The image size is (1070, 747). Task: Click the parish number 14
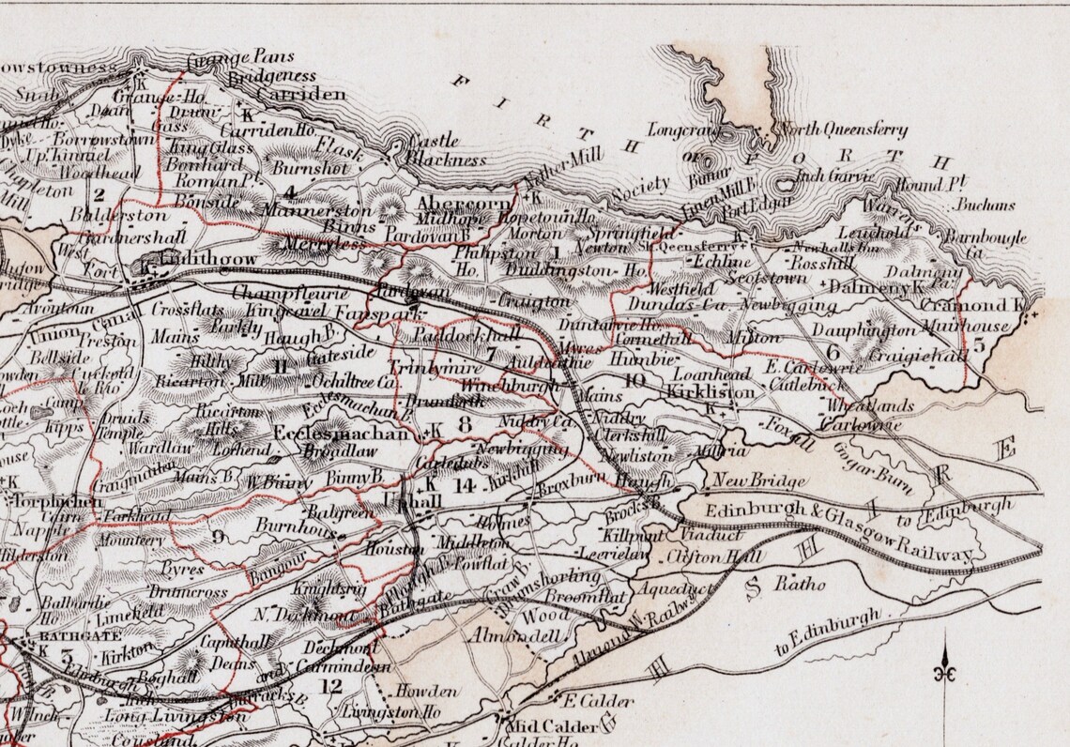tap(463, 485)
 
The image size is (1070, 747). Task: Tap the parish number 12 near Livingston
tap(330, 686)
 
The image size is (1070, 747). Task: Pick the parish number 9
tap(220, 537)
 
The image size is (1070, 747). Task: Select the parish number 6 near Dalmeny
tap(833, 352)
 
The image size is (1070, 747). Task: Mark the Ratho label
tap(799, 585)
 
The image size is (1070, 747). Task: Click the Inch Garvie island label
tap(834, 176)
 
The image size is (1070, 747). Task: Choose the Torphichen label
tap(45, 499)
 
